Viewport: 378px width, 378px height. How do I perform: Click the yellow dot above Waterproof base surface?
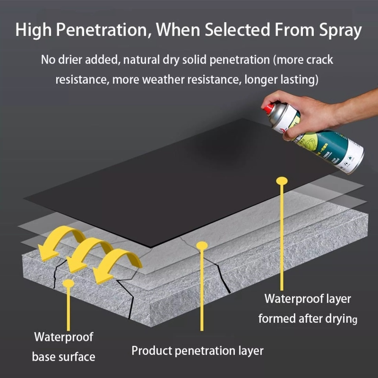[x=68, y=283]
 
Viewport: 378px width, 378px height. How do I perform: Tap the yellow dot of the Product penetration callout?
[x=202, y=245]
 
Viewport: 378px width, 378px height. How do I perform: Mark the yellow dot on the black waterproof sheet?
[x=282, y=181]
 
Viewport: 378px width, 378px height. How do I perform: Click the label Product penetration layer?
[x=197, y=350]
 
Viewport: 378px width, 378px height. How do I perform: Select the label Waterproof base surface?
[x=63, y=347]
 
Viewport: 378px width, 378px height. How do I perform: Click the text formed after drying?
[x=307, y=318]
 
